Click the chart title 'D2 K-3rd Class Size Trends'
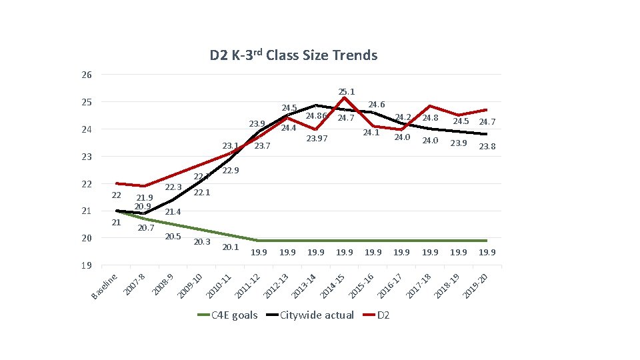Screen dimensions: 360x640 pos(293,55)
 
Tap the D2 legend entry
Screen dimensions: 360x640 pos(383,315)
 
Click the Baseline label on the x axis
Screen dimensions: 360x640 pos(105,285)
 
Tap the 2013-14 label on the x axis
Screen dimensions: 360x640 pos(304,286)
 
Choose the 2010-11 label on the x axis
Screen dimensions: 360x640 pos(218,286)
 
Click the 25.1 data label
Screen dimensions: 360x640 pos(347,91)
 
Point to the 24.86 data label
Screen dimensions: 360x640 pos(315,117)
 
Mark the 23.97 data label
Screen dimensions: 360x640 pos(317,139)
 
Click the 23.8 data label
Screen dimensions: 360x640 pos(487,147)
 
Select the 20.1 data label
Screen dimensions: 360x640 pos(230,247)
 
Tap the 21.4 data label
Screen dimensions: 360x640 pos(173,212)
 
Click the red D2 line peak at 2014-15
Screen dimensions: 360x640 pos(344,97)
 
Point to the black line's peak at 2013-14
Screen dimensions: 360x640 pos(315,105)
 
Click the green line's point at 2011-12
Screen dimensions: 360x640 pos(258,240)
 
